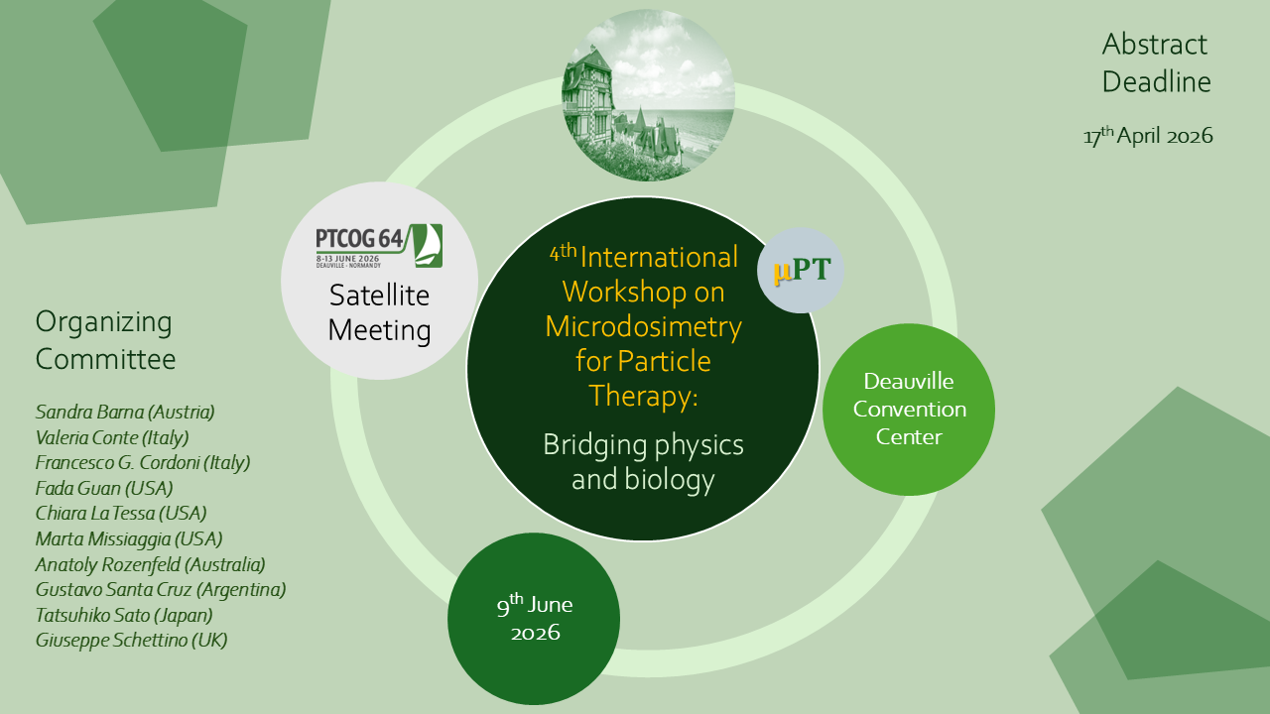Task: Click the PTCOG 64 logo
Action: click(x=379, y=246)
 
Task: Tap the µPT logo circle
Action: click(x=801, y=271)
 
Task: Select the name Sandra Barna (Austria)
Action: click(x=125, y=411)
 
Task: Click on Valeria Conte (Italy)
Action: click(x=112, y=436)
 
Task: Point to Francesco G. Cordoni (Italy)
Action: click(x=143, y=462)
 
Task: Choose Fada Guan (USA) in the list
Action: click(x=104, y=488)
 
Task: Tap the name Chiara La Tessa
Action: click(x=121, y=514)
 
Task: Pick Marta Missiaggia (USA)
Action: click(x=129, y=539)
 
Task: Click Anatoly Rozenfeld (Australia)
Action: click(x=151, y=565)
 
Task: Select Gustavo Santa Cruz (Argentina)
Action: click(x=161, y=590)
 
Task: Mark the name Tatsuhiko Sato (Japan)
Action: click(x=124, y=616)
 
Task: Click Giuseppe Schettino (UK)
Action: click(x=132, y=641)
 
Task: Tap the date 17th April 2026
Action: click(x=1148, y=136)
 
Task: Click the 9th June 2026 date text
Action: click(x=535, y=617)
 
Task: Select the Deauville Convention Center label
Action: click(x=909, y=409)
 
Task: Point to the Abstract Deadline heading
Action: click(x=1156, y=62)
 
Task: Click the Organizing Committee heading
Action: click(x=105, y=340)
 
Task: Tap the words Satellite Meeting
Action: click(x=379, y=312)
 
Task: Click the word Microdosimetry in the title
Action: click(x=643, y=326)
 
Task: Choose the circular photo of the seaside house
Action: click(x=649, y=95)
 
